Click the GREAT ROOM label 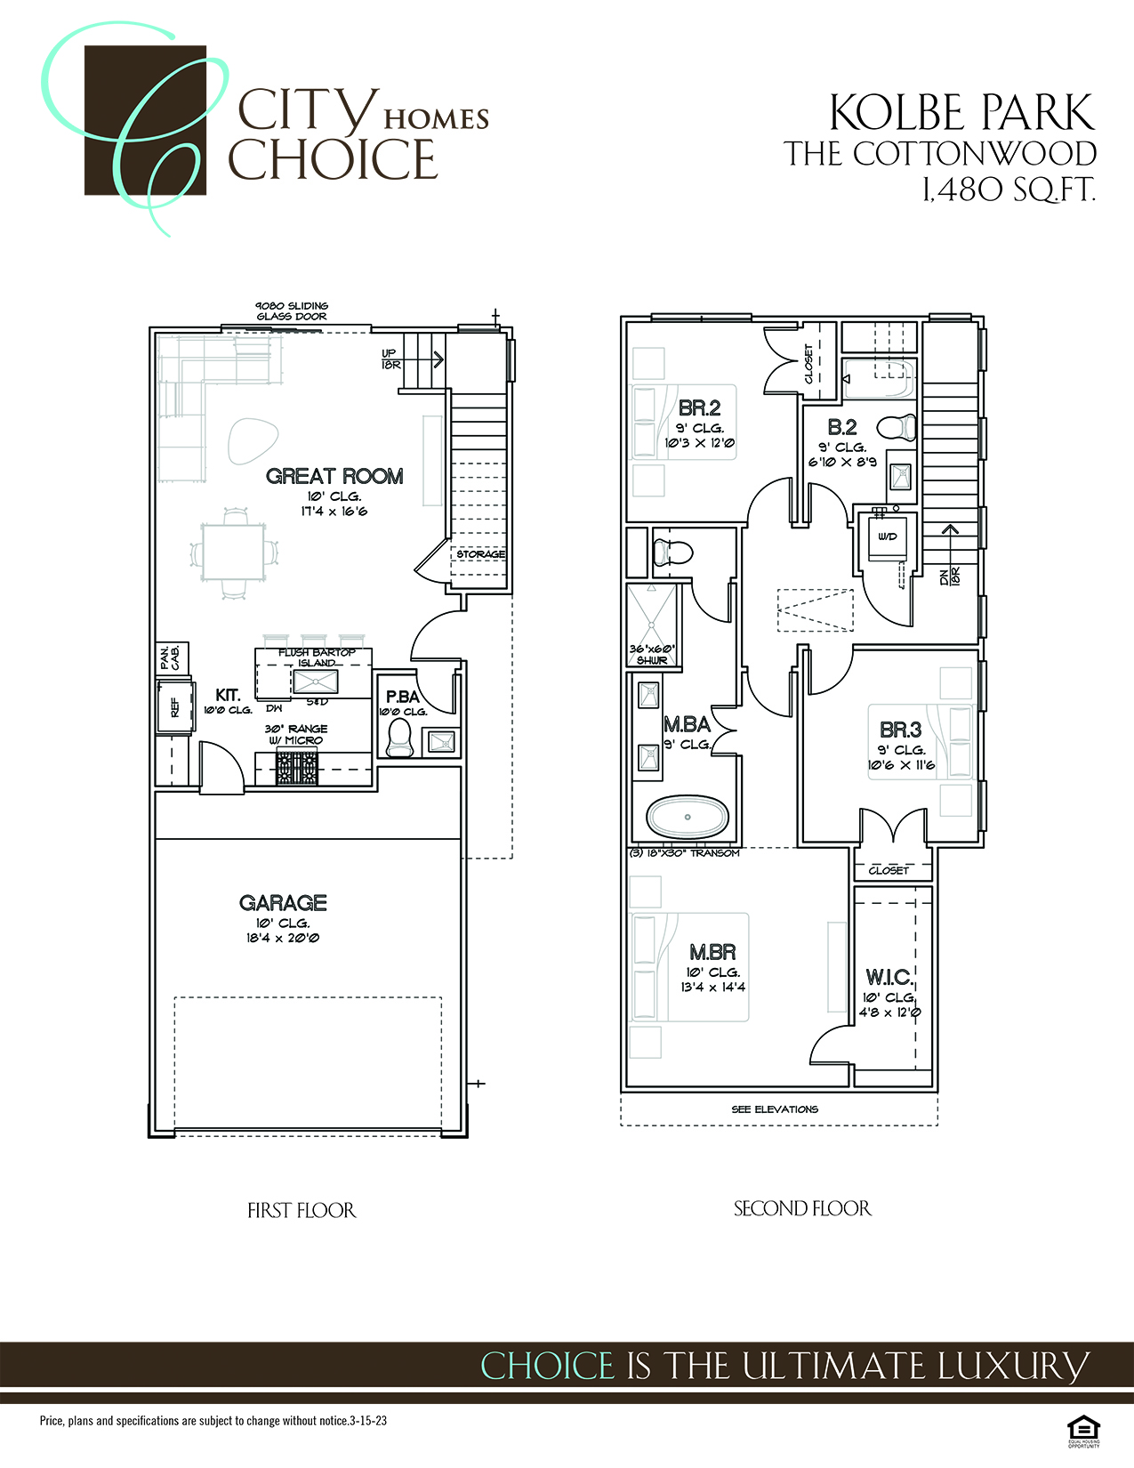pyautogui.click(x=334, y=476)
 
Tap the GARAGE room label pyautogui.click(x=283, y=903)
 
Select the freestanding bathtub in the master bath pyautogui.click(x=687, y=817)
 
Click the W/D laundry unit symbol pyautogui.click(x=887, y=536)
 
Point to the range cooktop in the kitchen pyautogui.click(x=296, y=767)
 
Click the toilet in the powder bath pyautogui.click(x=399, y=738)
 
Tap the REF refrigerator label pyautogui.click(x=174, y=707)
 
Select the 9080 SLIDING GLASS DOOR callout pyautogui.click(x=292, y=311)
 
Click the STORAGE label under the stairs pyautogui.click(x=480, y=554)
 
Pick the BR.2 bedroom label pyautogui.click(x=699, y=408)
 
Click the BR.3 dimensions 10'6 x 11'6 pyautogui.click(x=901, y=765)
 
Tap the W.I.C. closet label pyautogui.click(x=889, y=977)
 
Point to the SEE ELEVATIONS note pyautogui.click(x=775, y=1109)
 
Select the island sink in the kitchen pyautogui.click(x=316, y=682)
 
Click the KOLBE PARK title pyautogui.click(x=961, y=113)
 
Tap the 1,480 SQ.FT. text pyautogui.click(x=1008, y=190)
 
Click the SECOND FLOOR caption pyautogui.click(x=802, y=1208)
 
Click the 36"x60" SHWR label pyautogui.click(x=652, y=654)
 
